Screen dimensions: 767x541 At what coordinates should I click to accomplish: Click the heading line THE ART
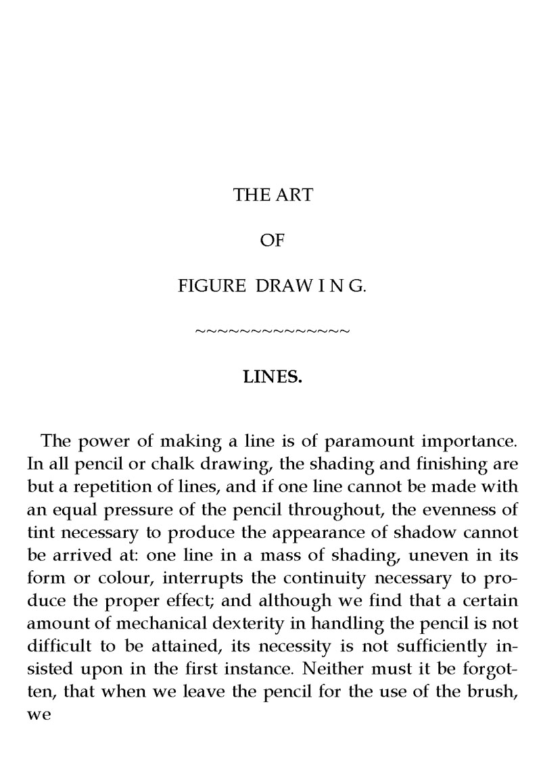pyautogui.click(x=273, y=196)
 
